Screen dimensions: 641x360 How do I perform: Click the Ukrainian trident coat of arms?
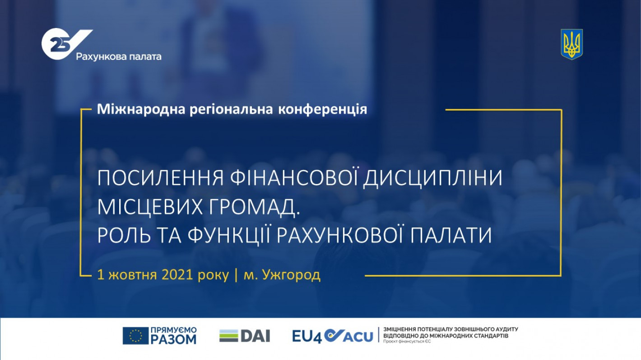pyautogui.click(x=571, y=44)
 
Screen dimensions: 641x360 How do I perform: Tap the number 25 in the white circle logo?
pyautogui.click(x=58, y=45)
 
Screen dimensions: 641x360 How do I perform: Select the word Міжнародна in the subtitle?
pyautogui.click(x=141, y=109)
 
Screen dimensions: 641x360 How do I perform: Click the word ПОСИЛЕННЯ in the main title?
pyautogui.click(x=161, y=178)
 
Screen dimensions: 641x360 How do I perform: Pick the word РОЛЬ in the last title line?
pyautogui.click(x=124, y=235)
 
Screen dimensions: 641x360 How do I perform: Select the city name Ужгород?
pyautogui.click(x=291, y=275)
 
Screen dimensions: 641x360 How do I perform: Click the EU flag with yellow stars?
pyautogui.click(x=135, y=335)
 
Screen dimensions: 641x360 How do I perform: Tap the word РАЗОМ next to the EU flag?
pyautogui.click(x=173, y=339)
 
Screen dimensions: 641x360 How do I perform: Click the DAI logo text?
pyautogui.click(x=255, y=336)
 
